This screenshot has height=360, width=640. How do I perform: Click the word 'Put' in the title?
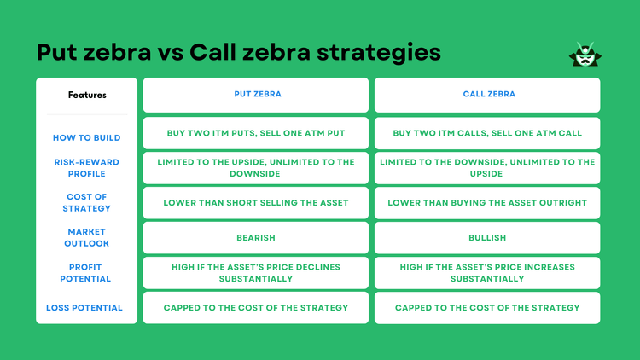point(58,53)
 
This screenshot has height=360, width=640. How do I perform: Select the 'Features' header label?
point(87,96)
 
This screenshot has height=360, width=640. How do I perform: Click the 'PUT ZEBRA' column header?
point(256,96)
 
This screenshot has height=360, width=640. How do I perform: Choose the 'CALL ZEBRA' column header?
point(487,96)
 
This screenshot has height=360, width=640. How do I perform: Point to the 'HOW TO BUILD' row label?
point(87,138)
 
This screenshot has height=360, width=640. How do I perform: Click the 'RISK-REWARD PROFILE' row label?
point(87,167)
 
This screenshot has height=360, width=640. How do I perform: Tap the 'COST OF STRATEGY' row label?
point(87,202)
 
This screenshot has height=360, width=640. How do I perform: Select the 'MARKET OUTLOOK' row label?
point(87,237)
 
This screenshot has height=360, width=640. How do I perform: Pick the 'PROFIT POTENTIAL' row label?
point(87,273)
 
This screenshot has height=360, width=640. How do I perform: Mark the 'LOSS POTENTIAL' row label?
point(87,307)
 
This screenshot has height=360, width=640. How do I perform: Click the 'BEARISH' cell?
point(256,238)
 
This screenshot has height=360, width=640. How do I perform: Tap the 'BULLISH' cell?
point(487,238)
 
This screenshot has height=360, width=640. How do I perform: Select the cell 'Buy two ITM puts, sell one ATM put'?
point(256,134)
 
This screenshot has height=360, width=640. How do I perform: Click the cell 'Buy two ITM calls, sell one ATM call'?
point(487,134)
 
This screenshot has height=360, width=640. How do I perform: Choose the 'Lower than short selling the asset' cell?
point(256,203)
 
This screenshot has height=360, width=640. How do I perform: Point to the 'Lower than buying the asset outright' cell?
point(487,203)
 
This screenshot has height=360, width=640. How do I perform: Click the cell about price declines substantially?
point(256,273)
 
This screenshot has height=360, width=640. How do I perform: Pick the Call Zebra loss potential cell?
point(487,308)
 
